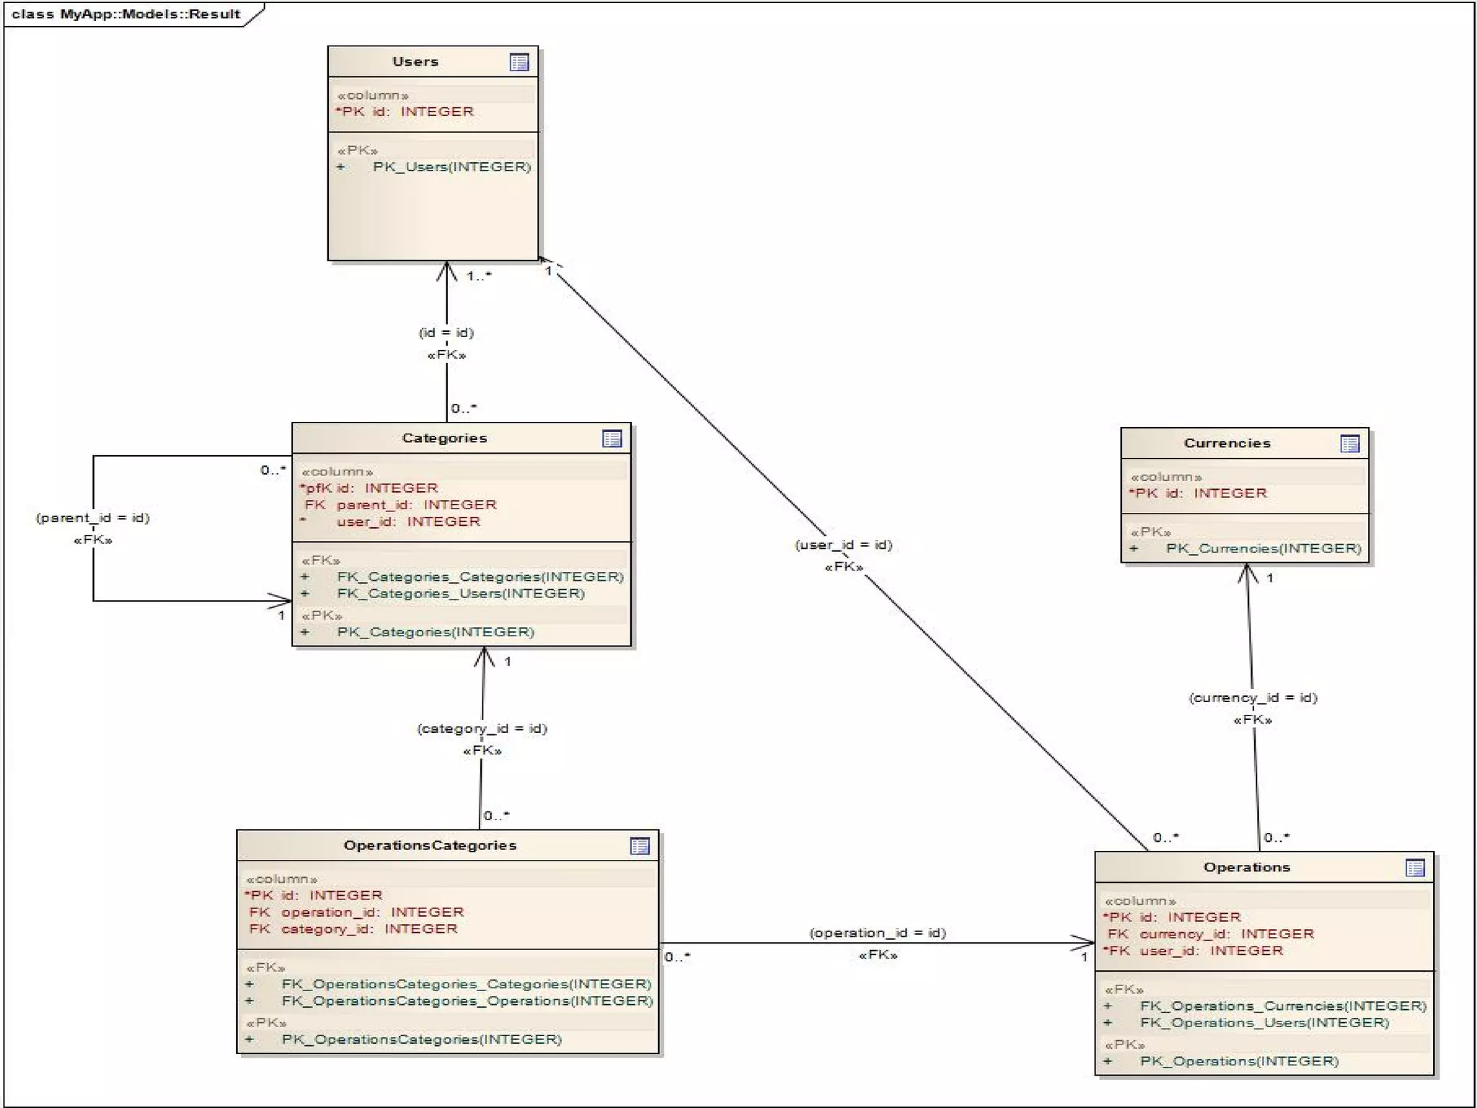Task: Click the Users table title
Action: (x=415, y=61)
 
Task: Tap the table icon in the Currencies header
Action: (x=1349, y=444)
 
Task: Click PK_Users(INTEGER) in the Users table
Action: (x=451, y=167)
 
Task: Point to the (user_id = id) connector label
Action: (x=844, y=545)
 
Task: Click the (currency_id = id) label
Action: (x=1253, y=698)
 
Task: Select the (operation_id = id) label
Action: (x=878, y=933)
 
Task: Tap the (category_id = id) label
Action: (x=482, y=729)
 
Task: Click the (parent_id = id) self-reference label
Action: (x=93, y=518)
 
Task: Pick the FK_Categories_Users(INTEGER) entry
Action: (x=460, y=594)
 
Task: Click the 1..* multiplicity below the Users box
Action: (x=479, y=276)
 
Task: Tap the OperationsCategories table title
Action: (x=430, y=845)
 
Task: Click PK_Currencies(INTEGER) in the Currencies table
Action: (x=1264, y=549)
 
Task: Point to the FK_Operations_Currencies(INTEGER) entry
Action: (x=1283, y=1006)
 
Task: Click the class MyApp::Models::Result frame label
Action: (x=126, y=14)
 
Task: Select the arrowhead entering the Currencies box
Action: (x=1248, y=573)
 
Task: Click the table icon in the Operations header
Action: (x=1415, y=868)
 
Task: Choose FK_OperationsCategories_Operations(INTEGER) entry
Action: (x=467, y=1001)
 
